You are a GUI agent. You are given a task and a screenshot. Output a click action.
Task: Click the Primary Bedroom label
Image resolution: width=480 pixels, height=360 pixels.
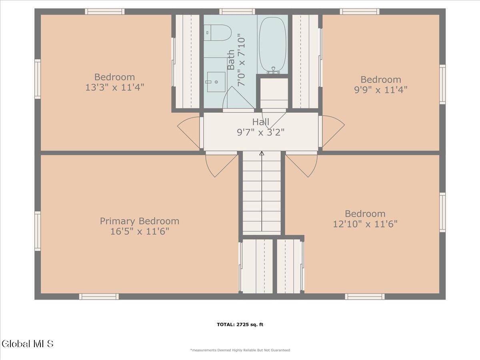click(x=140, y=221)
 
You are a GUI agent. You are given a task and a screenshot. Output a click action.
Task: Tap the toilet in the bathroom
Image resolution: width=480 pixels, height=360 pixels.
click(x=217, y=33)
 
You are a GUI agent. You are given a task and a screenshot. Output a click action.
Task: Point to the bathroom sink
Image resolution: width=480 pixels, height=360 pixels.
click(x=216, y=82)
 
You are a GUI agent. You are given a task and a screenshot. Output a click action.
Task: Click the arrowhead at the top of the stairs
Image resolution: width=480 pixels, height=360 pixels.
click(x=262, y=153)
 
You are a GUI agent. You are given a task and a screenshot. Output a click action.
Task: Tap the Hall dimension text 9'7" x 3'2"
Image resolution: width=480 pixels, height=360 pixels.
click(x=261, y=132)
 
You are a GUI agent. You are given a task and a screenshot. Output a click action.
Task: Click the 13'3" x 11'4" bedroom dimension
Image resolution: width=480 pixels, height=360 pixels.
click(x=114, y=88)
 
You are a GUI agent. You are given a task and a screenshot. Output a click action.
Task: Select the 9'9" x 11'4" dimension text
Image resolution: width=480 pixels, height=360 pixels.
click(x=381, y=90)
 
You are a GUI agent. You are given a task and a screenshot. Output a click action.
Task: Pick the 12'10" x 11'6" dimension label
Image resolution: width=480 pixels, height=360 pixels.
click(x=365, y=224)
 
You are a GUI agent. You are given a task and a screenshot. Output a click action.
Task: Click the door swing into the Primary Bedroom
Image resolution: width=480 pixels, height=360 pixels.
click(x=222, y=164)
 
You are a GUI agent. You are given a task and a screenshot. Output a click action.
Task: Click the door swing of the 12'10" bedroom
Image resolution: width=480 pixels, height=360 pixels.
click(x=302, y=164)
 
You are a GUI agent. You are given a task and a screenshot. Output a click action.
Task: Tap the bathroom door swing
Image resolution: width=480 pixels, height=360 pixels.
click(x=238, y=98)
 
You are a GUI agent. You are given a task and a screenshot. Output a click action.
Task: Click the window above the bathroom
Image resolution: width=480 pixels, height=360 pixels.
click(x=237, y=12)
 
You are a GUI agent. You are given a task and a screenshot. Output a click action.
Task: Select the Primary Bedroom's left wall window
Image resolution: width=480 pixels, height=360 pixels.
click(x=38, y=231)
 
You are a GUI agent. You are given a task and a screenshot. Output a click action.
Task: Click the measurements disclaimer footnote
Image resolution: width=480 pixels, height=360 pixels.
click(x=240, y=350)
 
